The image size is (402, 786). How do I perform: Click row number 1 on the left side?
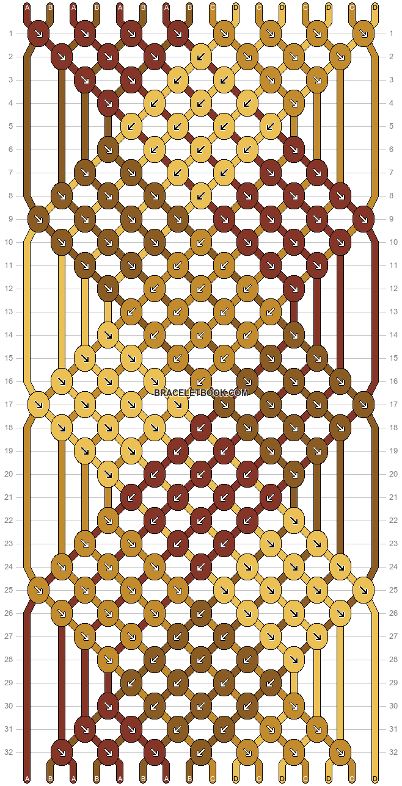click(x=11, y=34)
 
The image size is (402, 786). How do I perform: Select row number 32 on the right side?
click(x=393, y=752)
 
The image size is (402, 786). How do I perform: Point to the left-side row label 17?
click(x=9, y=404)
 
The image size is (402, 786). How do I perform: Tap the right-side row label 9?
click(x=392, y=219)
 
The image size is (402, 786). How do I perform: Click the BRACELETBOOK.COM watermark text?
click(x=201, y=392)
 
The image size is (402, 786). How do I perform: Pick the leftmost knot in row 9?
click(x=38, y=219)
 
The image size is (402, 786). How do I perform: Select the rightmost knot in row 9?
click(x=364, y=219)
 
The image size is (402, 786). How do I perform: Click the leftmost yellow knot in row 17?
click(x=38, y=404)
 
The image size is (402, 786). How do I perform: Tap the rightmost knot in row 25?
click(x=364, y=589)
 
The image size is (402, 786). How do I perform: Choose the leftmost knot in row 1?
click(x=38, y=34)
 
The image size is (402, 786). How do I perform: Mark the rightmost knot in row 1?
click(x=364, y=34)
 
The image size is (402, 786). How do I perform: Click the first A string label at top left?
click(x=27, y=7)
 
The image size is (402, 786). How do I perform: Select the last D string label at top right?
click(x=375, y=7)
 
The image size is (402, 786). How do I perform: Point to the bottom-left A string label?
click(x=27, y=779)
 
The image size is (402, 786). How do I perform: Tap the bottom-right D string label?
click(x=375, y=779)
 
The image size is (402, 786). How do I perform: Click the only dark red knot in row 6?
click(x=294, y=150)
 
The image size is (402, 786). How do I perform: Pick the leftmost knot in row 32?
click(x=62, y=752)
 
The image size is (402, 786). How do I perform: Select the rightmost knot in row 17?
click(x=364, y=404)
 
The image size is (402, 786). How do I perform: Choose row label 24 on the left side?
click(x=9, y=566)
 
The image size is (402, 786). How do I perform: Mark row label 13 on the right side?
click(x=393, y=312)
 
